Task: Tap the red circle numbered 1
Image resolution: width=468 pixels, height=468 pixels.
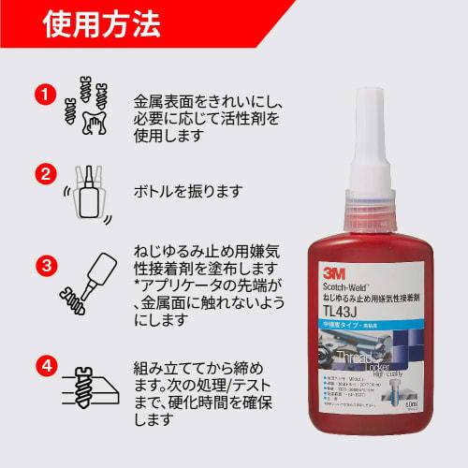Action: (x=41, y=94)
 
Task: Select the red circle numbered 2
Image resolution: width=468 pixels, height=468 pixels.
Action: (x=41, y=174)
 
